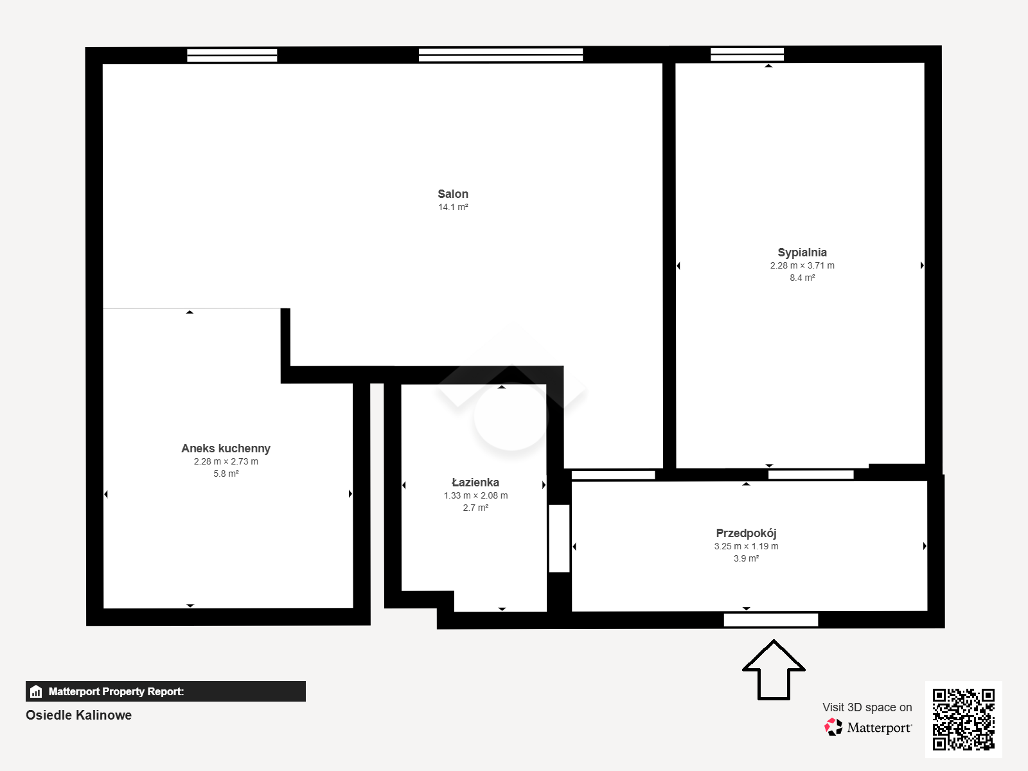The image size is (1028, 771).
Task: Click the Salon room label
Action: pyautogui.click(x=453, y=194)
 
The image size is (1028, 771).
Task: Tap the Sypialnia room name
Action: pyautogui.click(x=802, y=253)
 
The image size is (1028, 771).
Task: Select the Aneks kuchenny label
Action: pyautogui.click(x=226, y=448)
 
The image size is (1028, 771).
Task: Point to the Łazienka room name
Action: pyautogui.click(x=475, y=482)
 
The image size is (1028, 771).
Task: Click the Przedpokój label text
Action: pyautogui.click(x=746, y=533)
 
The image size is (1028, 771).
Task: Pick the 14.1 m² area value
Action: pyautogui.click(x=453, y=207)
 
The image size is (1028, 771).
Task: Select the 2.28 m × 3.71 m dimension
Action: pyautogui.click(x=802, y=265)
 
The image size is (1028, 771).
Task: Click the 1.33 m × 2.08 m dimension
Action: pyautogui.click(x=475, y=495)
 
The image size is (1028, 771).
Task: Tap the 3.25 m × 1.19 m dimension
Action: pyautogui.click(x=746, y=546)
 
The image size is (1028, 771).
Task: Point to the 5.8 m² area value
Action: pyautogui.click(x=226, y=474)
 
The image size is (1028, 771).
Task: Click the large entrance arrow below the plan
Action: pyautogui.click(x=774, y=670)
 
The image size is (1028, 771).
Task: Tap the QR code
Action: pyautogui.click(x=963, y=719)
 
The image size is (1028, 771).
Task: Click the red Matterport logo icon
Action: pyautogui.click(x=833, y=727)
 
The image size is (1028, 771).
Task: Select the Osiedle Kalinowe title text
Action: pyautogui.click(x=78, y=715)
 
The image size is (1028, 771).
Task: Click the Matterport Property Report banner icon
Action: pyautogui.click(x=36, y=691)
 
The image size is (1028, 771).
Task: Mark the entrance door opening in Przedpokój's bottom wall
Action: pyautogui.click(x=771, y=620)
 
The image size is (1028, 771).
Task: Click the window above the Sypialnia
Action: pyautogui.click(x=747, y=55)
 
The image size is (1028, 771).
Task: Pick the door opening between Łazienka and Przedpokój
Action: pyautogui.click(x=559, y=538)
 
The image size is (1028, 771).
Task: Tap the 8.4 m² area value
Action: pyautogui.click(x=802, y=278)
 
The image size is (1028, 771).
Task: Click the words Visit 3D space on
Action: pyautogui.click(x=867, y=707)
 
